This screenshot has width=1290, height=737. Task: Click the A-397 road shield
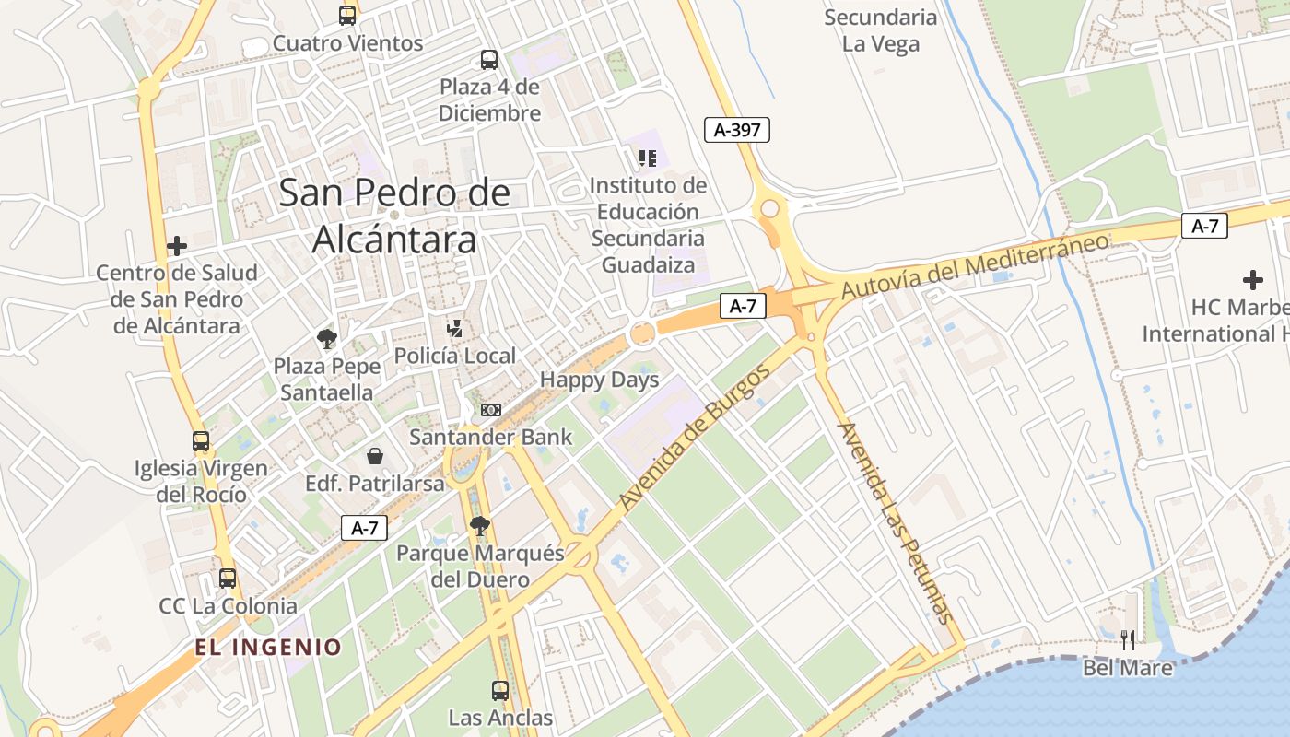[x=737, y=130]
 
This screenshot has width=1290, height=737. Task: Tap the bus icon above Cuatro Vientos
[x=347, y=15]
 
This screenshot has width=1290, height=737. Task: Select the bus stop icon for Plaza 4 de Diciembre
[x=489, y=60]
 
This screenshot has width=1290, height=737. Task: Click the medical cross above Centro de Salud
[x=177, y=246]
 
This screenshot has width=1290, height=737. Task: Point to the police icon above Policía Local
[x=454, y=328]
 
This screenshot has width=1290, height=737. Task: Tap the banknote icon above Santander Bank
[x=491, y=409]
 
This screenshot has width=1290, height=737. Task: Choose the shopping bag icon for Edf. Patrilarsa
[x=375, y=456]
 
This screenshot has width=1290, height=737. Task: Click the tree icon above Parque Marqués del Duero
[x=479, y=526]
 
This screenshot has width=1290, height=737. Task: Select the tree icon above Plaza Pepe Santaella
[x=326, y=339]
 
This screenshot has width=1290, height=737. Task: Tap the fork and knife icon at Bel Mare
[x=1128, y=639]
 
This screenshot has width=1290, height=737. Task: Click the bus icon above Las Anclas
[x=500, y=690]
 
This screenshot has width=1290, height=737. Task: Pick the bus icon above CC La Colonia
[x=228, y=579]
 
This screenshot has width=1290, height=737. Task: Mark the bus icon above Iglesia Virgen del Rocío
[x=201, y=441]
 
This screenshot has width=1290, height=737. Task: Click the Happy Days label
[x=599, y=380]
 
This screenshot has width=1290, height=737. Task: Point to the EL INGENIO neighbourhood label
[x=268, y=647]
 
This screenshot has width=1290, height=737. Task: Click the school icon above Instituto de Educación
[x=648, y=158]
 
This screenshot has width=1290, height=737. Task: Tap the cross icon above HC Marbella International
[x=1253, y=279]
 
